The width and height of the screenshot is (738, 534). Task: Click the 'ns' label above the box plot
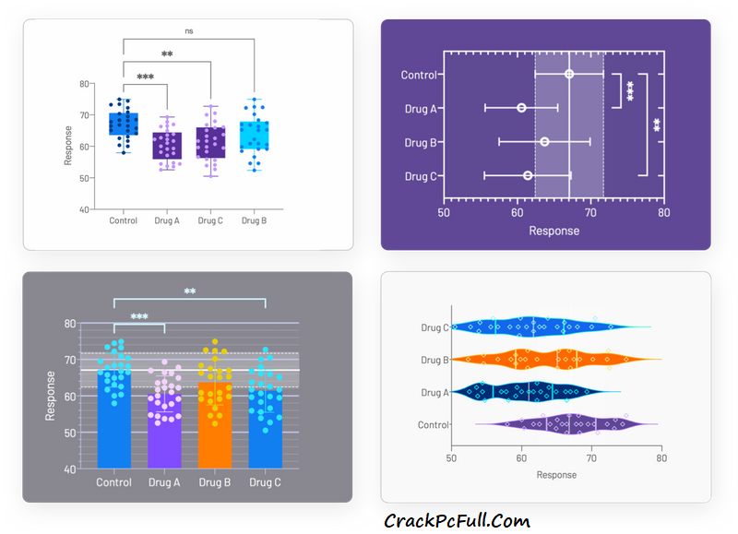coord(189,30)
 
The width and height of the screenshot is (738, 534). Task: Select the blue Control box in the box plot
coord(123,124)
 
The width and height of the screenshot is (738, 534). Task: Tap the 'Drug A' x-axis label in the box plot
coord(167,221)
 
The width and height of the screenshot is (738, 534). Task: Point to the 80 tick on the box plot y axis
coord(84,84)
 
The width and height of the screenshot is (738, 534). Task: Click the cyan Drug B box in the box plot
coord(254,136)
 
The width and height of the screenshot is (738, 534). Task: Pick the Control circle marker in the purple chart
coord(569,74)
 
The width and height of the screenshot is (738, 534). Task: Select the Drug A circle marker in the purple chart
coord(522,108)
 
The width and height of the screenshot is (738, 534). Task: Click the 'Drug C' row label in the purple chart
coord(420,176)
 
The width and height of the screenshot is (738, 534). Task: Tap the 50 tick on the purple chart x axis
coord(444,213)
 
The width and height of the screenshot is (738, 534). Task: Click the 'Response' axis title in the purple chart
coord(553,231)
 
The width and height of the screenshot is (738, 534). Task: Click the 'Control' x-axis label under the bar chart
coord(113,482)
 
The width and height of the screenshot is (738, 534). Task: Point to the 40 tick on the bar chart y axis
coord(69,469)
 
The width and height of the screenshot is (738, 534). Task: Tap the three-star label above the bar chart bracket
coord(139,317)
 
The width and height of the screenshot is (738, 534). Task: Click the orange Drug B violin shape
coord(553,360)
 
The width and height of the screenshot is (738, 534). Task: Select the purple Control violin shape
coord(563,425)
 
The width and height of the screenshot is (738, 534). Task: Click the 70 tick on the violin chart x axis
coord(591,457)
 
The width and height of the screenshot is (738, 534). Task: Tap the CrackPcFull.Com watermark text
coord(457,521)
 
